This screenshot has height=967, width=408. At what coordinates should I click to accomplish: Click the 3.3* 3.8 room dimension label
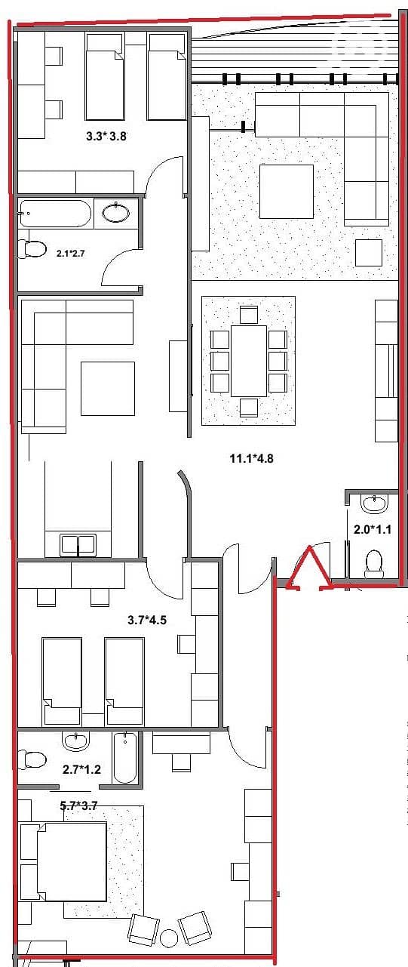(106, 137)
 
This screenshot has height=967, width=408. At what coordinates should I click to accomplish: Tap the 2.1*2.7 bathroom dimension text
(70, 254)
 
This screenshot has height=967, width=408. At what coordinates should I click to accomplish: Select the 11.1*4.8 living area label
(251, 458)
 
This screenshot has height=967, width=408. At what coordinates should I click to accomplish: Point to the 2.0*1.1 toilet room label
(373, 530)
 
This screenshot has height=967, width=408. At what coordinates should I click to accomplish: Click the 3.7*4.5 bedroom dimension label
(147, 621)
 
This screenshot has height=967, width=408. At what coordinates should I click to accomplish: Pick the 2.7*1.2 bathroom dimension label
(81, 769)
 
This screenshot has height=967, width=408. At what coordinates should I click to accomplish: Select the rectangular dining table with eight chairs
(249, 361)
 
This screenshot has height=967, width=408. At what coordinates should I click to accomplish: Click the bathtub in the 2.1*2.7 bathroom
(55, 214)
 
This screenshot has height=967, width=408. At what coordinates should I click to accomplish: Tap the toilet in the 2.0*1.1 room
(374, 564)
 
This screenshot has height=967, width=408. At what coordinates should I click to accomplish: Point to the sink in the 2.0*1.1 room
(374, 504)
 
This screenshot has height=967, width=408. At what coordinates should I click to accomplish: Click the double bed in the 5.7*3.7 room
(72, 861)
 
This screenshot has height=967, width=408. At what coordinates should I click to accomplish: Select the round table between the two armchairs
(169, 938)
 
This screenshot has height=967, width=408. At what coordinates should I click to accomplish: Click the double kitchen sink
(78, 545)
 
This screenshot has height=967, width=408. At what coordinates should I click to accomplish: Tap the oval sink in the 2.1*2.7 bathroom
(115, 212)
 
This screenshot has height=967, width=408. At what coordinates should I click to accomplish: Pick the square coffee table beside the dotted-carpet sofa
(287, 191)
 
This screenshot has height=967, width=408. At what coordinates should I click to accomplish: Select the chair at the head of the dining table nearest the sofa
(249, 315)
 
